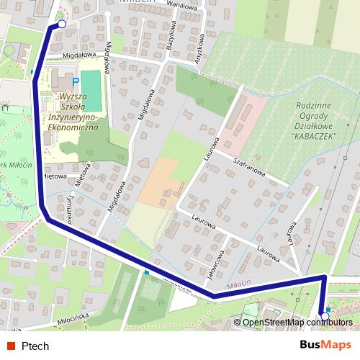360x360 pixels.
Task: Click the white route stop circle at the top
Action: (x=61, y=24)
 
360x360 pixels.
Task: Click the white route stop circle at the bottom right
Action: (x=325, y=315)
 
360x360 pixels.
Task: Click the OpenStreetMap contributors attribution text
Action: (x=297, y=322)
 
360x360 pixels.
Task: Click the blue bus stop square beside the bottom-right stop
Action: (x=328, y=308)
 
